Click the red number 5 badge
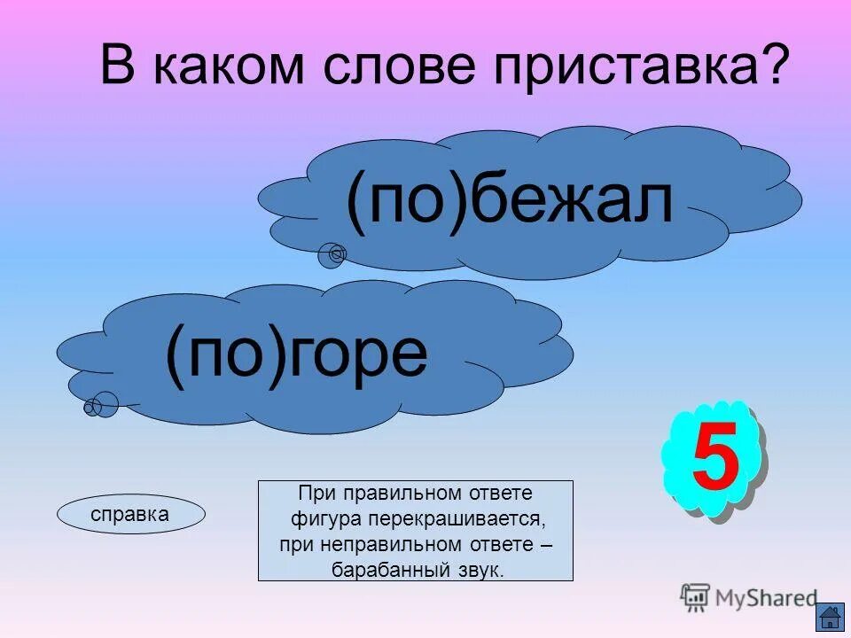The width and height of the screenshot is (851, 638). [x=714, y=460]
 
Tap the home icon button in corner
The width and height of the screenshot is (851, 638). [x=830, y=617]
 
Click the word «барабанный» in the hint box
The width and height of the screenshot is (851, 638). [x=382, y=570]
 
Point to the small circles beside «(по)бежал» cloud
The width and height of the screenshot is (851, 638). [x=332, y=255]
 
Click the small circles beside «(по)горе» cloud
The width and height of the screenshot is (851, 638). [x=101, y=406]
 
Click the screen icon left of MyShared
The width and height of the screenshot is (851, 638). [x=695, y=597]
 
